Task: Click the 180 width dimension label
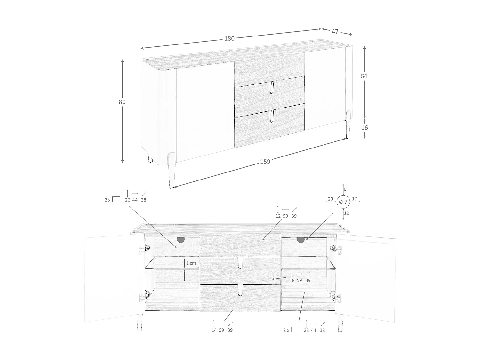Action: (229, 38)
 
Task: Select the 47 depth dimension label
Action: (335, 32)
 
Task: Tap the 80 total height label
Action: (122, 102)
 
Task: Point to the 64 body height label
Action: (364, 76)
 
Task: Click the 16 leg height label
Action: (364, 128)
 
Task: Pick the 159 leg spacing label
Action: (265, 162)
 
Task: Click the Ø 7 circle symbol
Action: (343, 202)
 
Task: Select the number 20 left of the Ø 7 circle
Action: (331, 199)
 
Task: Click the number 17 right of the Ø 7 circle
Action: (354, 199)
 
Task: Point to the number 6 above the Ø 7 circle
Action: (345, 189)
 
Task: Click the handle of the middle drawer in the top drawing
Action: (272, 87)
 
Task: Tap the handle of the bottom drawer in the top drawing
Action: (271, 116)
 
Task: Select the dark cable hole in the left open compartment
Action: (180, 239)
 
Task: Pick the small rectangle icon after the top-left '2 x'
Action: (116, 199)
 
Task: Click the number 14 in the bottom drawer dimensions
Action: (214, 330)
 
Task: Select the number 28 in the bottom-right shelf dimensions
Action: (306, 330)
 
